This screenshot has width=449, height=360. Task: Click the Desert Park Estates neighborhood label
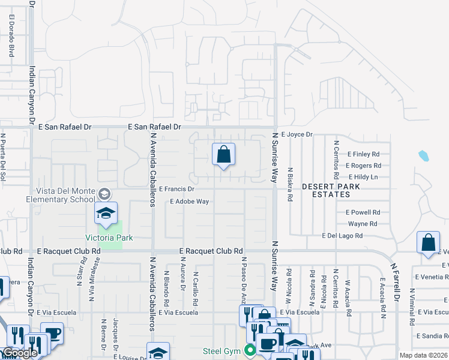coord(326,190)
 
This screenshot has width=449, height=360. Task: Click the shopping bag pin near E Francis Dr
coord(223,155)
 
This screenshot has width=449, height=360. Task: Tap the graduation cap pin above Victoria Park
coord(106,214)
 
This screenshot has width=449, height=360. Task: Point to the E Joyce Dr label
coord(297,135)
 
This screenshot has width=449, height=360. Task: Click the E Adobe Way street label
coord(189,202)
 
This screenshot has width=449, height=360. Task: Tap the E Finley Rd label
coord(363,154)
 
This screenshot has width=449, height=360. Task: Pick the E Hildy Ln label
coord(362,177)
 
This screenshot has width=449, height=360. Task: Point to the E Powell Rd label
coord(363,212)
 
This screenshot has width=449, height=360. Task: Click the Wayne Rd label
coord(363,224)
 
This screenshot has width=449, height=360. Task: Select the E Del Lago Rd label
coord(342,236)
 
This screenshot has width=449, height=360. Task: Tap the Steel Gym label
coord(221,350)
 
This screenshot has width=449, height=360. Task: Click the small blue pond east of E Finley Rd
coord(424,157)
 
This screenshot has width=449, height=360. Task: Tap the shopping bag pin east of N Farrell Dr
coord(428,243)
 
